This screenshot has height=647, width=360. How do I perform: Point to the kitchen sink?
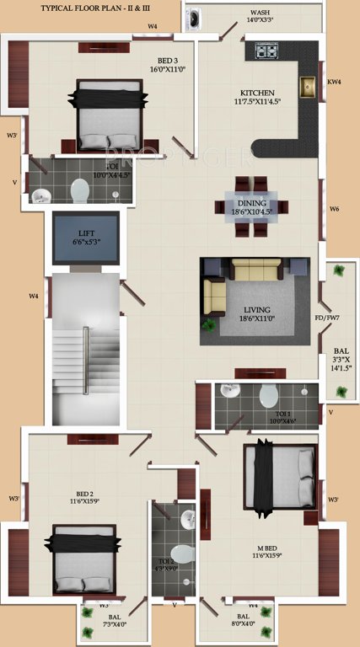click(x=308, y=88)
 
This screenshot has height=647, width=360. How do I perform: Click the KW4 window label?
click(x=334, y=82)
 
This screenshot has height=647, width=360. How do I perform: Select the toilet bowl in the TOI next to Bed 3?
click(x=80, y=190)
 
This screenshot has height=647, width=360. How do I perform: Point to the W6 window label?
click(x=335, y=208)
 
